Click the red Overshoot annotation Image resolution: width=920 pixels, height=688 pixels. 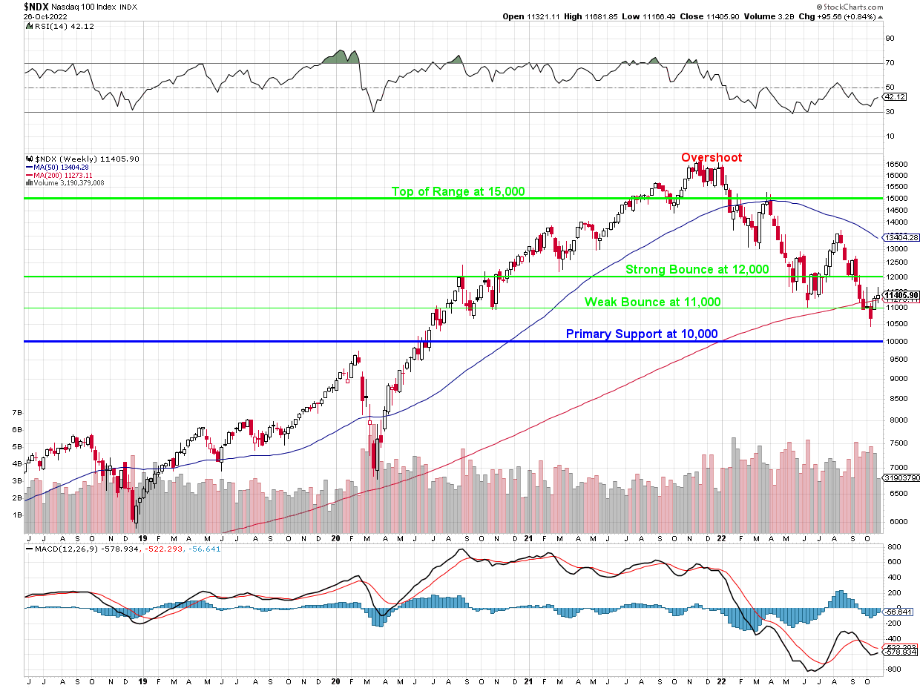point(711,158)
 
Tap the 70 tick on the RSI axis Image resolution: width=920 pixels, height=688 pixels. point(890,63)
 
